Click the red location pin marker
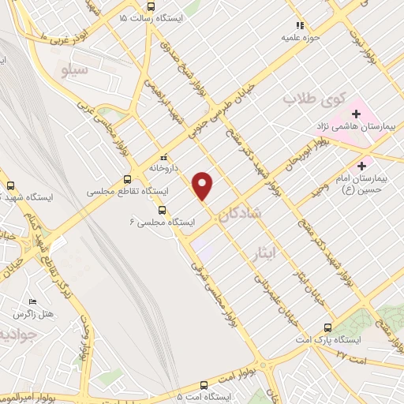click(204, 185)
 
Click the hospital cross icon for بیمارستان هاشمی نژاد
click(357, 114)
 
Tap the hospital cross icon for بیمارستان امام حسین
click(362, 166)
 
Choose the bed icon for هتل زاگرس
click(32, 302)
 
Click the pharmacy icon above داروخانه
click(163, 155)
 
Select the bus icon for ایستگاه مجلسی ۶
click(162, 210)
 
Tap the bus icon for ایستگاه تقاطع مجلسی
click(128, 179)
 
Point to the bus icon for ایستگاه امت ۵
click(204, 386)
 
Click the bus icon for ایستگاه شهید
click(10, 185)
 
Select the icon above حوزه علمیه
click(299, 24)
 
